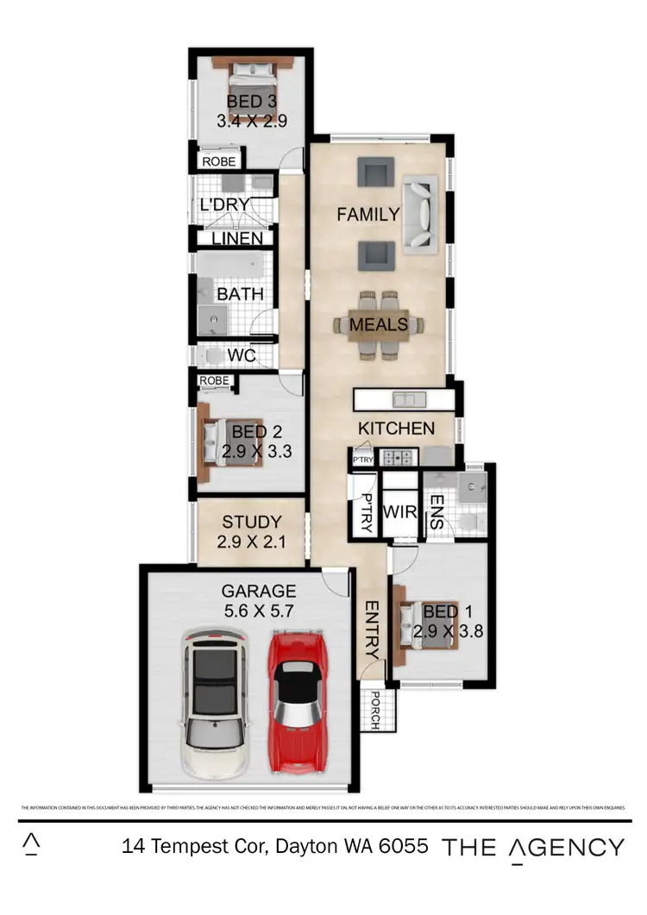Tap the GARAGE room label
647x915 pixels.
259,592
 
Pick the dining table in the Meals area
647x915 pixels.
380,325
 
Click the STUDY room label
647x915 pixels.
252,522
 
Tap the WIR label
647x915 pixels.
399,512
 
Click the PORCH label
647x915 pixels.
375,710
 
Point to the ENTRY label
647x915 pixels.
373,630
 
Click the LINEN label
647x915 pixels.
237,238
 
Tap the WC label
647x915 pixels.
242,355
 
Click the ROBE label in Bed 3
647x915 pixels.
218,160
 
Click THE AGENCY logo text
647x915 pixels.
533,847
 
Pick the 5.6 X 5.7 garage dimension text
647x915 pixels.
259,611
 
